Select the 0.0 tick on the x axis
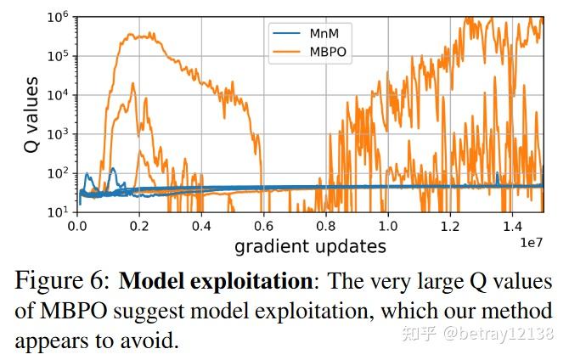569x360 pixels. click(77, 228)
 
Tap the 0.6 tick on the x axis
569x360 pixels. click(263, 228)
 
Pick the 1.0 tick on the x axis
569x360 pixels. click(387, 228)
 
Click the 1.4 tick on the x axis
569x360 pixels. click(511, 228)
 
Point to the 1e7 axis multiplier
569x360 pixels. click(530, 243)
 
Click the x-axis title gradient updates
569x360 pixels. click(310, 246)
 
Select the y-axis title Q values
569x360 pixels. click(31, 115)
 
